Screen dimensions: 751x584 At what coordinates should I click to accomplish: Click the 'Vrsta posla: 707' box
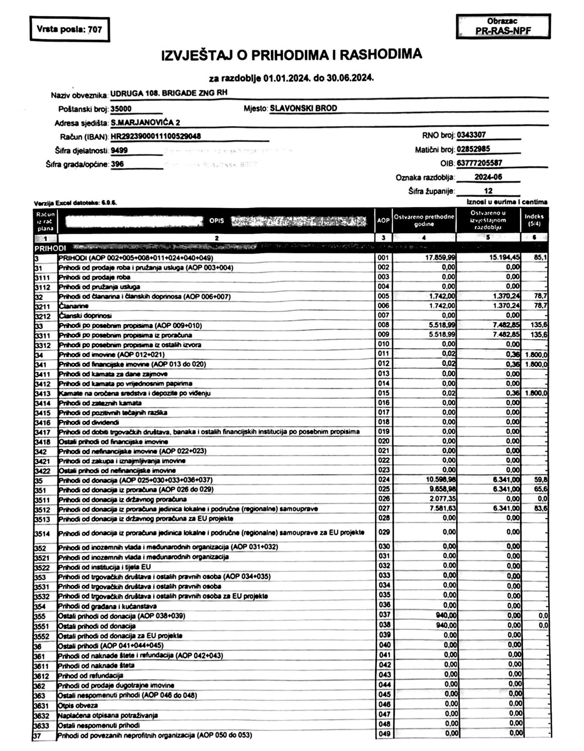click(69, 29)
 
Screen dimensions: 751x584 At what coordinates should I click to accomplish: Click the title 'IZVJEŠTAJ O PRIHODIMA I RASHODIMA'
click(292, 55)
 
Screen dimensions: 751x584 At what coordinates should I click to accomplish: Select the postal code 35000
click(121, 109)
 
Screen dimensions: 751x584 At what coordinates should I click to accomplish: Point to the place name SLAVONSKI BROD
click(303, 108)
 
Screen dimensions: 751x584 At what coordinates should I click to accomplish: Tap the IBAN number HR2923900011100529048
click(156, 136)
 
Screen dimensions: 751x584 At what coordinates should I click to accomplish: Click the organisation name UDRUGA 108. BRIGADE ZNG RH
click(169, 93)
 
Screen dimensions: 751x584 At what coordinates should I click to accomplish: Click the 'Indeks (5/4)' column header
click(534, 220)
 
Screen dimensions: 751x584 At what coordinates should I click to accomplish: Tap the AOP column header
click(383, 220)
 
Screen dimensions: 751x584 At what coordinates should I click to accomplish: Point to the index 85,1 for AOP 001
click(541, 257)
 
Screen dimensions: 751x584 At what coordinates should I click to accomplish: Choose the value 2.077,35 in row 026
click(442, 499)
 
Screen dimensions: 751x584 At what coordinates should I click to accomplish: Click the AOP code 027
click(384, 509)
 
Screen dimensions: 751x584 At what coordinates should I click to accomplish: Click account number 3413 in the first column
click(43, 393)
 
